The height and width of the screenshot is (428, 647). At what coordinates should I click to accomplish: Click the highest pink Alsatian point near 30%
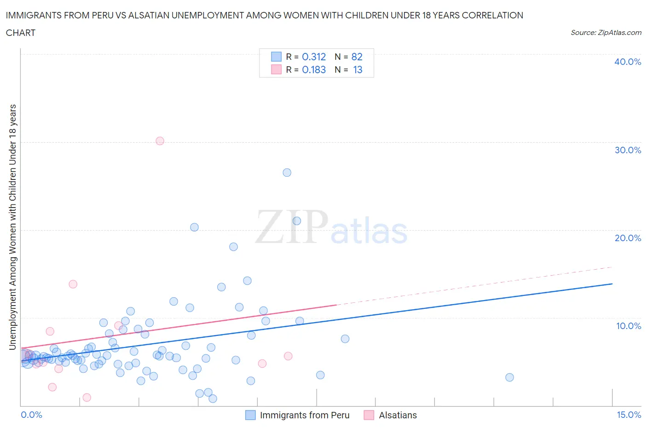click(160, 141)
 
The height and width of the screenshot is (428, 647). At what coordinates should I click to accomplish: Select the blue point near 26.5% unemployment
click(287, 173)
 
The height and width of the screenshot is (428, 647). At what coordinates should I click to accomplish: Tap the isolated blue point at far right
click(509, 377)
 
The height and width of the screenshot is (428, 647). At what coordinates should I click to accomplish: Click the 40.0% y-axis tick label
click(628, 62)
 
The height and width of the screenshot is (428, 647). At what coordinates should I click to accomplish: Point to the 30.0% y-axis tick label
click(628, 150)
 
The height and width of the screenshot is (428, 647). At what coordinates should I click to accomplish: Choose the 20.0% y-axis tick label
click(628, 238)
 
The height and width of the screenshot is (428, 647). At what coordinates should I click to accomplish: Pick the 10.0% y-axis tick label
click(628, 326)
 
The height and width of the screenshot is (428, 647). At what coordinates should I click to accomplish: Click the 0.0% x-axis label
click(31, 415)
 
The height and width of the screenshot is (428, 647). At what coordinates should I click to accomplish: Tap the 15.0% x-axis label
click(629, 415)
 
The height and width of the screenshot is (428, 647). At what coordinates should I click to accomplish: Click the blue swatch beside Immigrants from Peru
click(250, 415)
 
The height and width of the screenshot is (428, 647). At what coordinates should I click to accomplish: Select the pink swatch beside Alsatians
click(369, 415)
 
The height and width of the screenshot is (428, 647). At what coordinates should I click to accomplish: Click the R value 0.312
click(314, 57)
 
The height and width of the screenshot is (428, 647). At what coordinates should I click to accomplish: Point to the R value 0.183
click(314, 69)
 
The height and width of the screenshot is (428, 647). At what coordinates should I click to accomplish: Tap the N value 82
click(357, 57)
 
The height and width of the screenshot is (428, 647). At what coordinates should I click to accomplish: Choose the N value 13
click(358, 69)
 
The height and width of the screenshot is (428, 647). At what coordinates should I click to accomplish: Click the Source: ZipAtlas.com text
click(606, 33)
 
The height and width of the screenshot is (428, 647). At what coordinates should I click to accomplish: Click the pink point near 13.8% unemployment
click(73, 284)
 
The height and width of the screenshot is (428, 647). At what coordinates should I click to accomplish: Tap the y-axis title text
click(13, 227)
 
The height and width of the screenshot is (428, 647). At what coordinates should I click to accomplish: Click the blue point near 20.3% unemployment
click(194, 227)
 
